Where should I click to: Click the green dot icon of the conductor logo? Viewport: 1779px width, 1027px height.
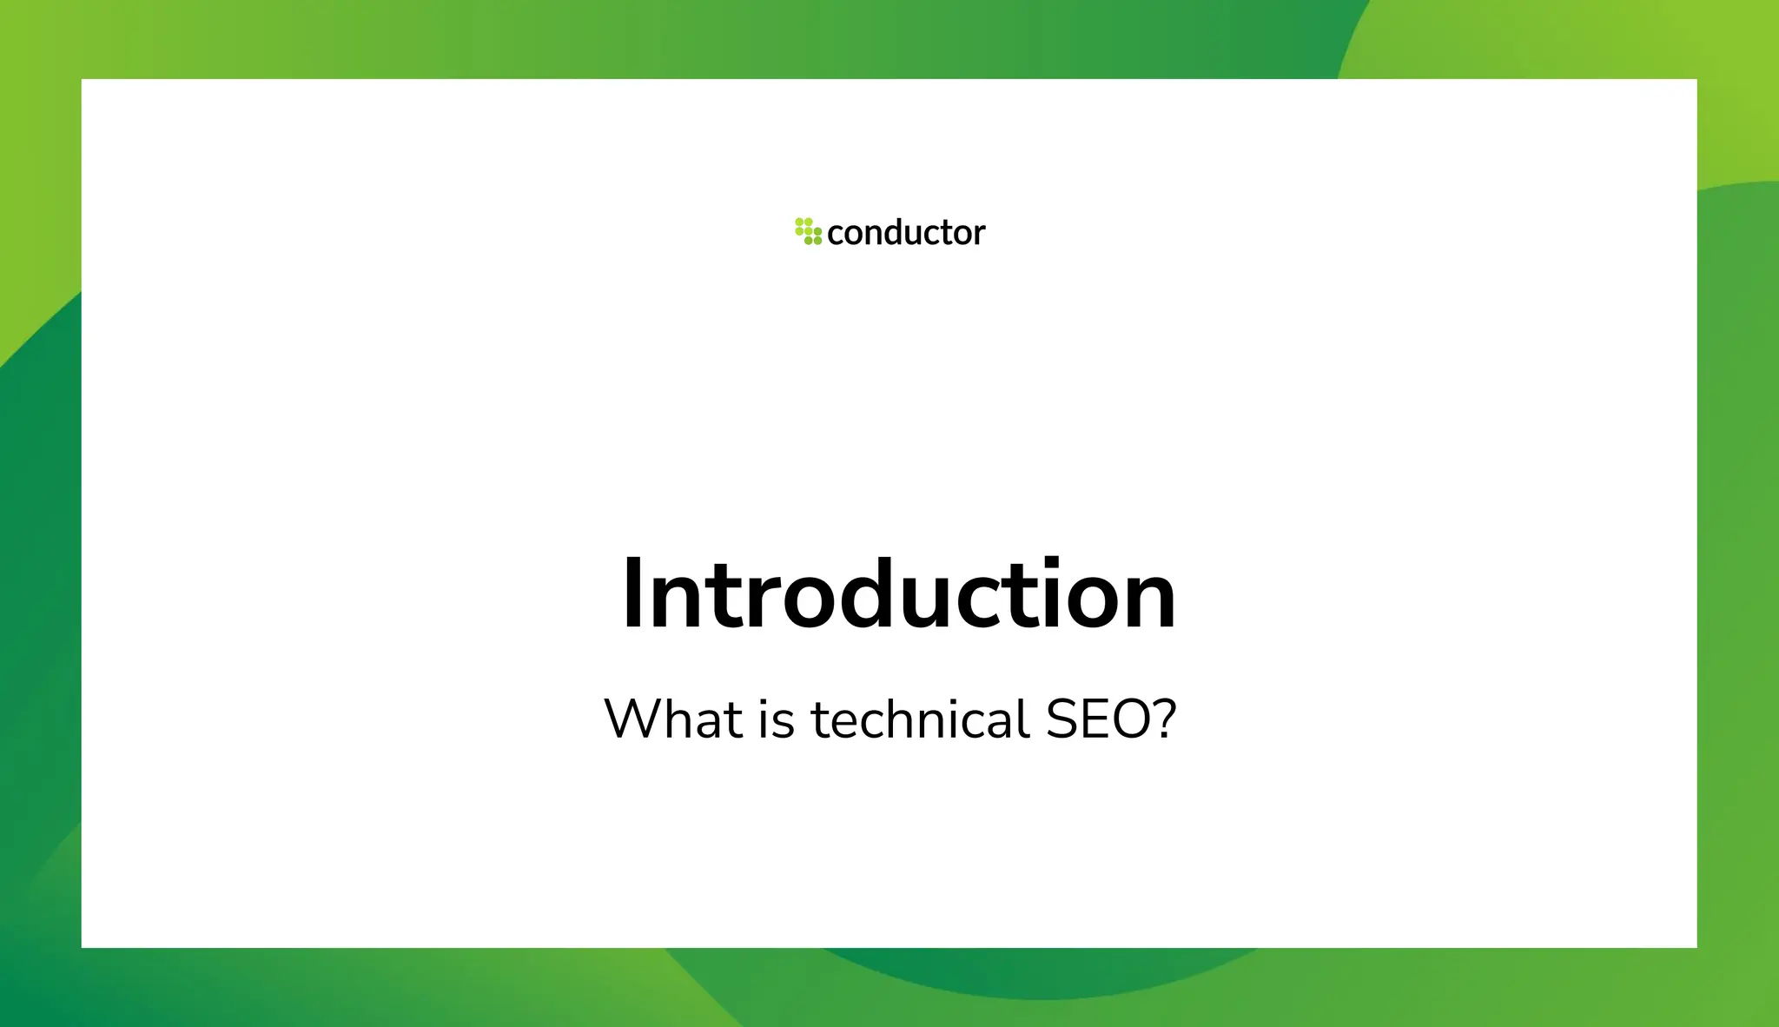(x=808, y=231)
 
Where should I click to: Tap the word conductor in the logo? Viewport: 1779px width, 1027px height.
(x=906, y=233)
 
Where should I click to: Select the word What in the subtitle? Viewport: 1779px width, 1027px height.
(x=674, y=719)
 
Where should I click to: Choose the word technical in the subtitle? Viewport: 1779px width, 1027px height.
(x=921, y=719)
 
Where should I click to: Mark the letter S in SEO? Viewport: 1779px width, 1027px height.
(x=1063, y=719)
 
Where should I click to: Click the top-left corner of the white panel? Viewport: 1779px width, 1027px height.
(x=83, y=80)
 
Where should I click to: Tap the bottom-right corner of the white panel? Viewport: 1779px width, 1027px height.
(x=1696, y=946)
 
